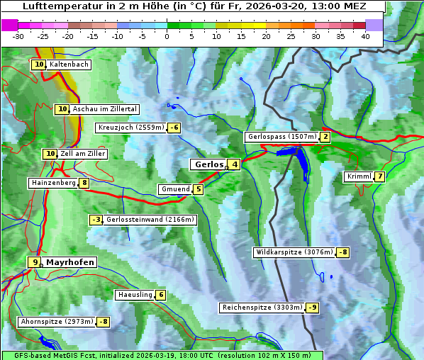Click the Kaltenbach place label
point(69,64)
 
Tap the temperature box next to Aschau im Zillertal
point(62,109)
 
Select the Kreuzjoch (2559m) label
point(130,128)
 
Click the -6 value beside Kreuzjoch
point(174,128)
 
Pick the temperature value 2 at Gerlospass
point(325,137)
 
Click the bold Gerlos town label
point(208,164)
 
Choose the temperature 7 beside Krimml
point(380,176)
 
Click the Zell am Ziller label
point(83,154)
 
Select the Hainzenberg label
point(52,183)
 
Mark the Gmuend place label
point(175,189)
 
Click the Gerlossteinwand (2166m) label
point(150,220)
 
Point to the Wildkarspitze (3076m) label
point(294,252)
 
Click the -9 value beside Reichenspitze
point(312,308)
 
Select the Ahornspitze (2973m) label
point(57,322)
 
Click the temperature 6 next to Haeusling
point(161,295)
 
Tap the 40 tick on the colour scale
point(365,36)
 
